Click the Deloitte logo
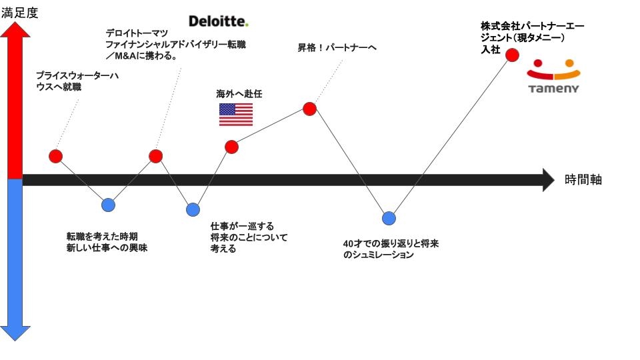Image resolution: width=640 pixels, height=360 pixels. pos(219,21)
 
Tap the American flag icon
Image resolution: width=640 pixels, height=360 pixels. pos(236,115)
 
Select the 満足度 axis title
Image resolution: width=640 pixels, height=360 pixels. pos(19,13)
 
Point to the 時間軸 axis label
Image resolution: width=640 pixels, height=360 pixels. pos(583,179)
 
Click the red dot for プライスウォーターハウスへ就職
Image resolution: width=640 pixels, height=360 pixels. pos(56,156)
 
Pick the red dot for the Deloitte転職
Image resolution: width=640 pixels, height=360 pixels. pos(155,156)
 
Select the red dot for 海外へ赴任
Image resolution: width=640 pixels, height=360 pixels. pos(231,147)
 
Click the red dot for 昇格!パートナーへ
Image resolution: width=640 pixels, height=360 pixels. pos(309,108)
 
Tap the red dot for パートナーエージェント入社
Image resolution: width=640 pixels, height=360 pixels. pos(512,55)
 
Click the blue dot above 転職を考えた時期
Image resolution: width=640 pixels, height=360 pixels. pos(108,205)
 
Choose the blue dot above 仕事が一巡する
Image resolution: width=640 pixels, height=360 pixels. pos(193,209)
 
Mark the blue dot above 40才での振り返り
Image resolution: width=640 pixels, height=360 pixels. pos(389,218)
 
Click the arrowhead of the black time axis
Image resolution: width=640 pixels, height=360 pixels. pos(548,179)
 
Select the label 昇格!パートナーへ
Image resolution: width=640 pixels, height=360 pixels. pos(337,47)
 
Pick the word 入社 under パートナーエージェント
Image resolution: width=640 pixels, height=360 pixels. pos(490,50)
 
